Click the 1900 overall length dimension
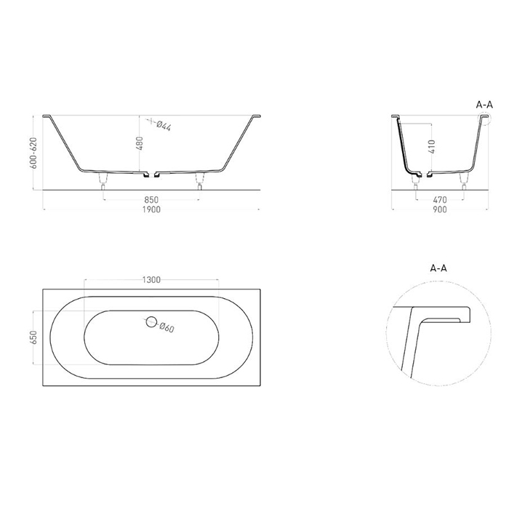(151, 209)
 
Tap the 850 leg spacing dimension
(151, 200)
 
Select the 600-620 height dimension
(33, 153)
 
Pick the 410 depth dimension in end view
(432, 146)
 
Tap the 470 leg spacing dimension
(440, 200)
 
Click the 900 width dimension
(440, 209)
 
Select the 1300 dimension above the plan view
(151, 280)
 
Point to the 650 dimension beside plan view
(33, 337)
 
